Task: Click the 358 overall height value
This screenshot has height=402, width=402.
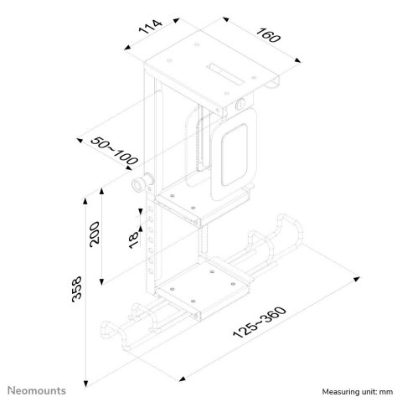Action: [x=78, y=291]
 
